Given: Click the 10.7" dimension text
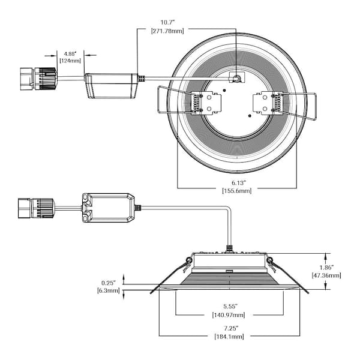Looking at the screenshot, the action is pos(167,23).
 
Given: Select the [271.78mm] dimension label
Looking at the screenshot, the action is pos(167,31).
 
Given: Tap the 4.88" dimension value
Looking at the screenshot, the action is pos(70,54).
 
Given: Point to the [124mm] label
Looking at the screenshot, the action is pos(70,61).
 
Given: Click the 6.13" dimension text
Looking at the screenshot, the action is pos(239,183).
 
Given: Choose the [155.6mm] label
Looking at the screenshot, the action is pos(237,191).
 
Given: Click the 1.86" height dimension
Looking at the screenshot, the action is pos(326,267).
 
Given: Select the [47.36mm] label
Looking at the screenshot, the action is pos(326,275).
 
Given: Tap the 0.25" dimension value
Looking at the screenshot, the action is pos(109,283).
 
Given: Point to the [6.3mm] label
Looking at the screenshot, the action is pos(109,290).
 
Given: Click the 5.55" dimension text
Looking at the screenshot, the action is pos(230,306).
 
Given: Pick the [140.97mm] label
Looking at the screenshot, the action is pos(229,314).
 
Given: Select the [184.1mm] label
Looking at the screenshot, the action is pos(229,337).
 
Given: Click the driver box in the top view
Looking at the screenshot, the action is pos(112,86).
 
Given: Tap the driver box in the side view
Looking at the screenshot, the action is pos(108,208).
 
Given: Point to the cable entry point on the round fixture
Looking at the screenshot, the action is pos(236,78).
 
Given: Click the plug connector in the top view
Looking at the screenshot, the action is pos(38,79).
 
